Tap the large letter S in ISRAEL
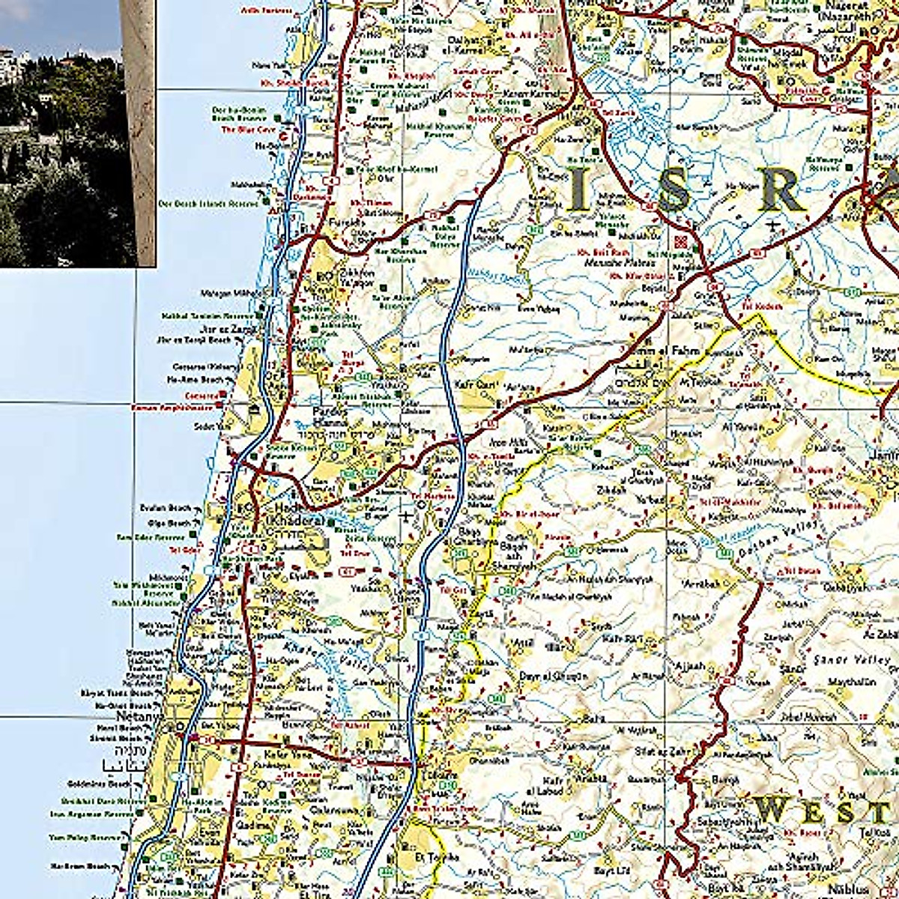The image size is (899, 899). pyautogui.click(x=672, y=190)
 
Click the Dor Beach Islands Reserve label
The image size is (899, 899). pyautogui.click(x=207, y=203)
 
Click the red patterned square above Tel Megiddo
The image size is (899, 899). pyautogui.click(x=681, y=241)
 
